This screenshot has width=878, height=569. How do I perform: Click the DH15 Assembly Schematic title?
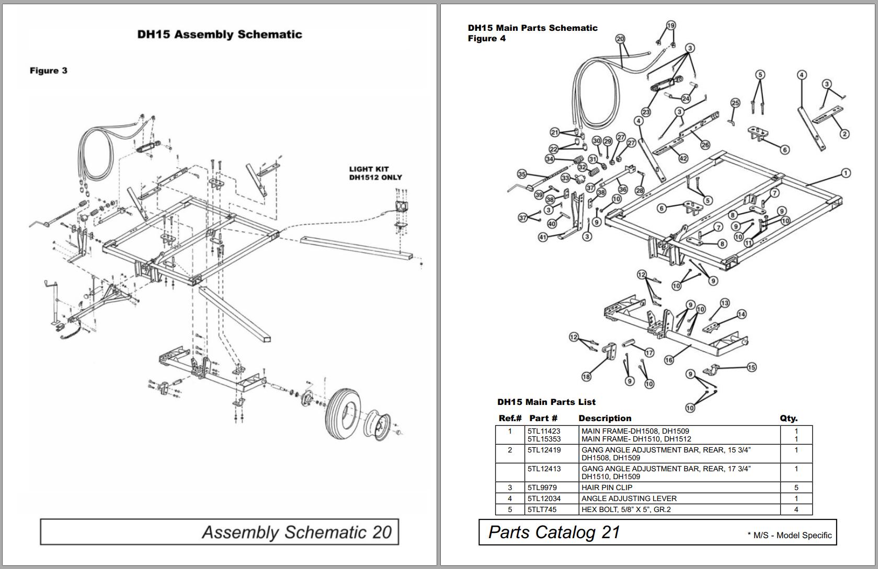click(220, 34)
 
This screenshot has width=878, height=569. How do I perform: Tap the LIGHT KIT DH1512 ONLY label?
click(375, 173)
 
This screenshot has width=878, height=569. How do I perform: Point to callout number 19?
click(671, 25)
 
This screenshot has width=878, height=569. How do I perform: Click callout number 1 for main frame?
click(846, 173)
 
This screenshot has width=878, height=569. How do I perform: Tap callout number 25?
click(735, 103)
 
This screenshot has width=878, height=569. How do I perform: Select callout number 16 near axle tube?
click(669, 359)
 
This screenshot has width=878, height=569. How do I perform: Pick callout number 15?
click(751, 367)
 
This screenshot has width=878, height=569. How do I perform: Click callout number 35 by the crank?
click(521, 174)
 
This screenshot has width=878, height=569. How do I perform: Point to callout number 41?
click(543, 237)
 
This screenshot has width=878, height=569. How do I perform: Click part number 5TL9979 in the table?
click(542, 487)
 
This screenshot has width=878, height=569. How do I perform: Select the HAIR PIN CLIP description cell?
click(607, 487)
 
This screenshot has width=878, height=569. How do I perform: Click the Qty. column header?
click(788, 418)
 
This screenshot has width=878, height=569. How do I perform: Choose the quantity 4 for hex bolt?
click(796, 509)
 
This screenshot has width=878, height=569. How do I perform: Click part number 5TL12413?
click(544, 469)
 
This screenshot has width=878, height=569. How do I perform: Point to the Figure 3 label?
click(49, 71)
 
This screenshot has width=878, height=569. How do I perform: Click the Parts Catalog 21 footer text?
click(554, 532)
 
